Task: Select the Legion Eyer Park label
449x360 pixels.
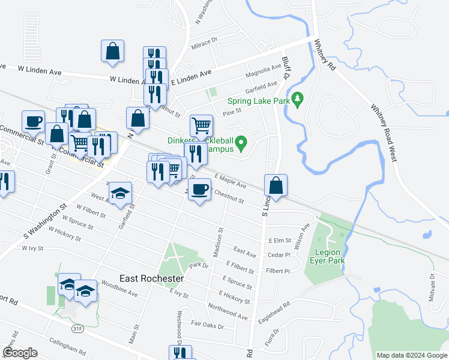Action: pyautogui.click(x=326, y=256)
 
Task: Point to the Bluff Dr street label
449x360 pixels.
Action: pyautogui.click(x=286, y=68)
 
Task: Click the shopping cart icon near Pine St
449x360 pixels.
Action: pyautogui.click(x=201, y=125)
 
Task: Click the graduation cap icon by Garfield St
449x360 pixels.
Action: pyautogui.click(x=120, y=193)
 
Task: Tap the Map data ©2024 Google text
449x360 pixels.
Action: pyautogui.click(x=411, y=355)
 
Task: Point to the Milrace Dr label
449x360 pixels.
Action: pyautogui.click(x=203, y=43)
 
